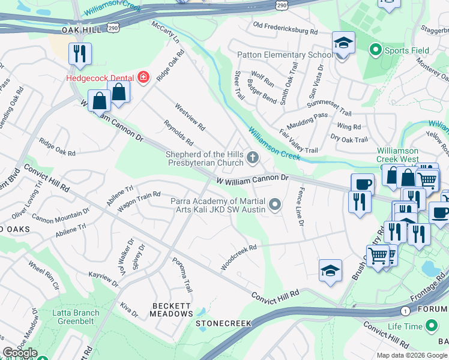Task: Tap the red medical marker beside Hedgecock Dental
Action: pyautogui.click(x=143, y=77)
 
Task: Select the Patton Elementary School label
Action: pyautogui.click(x=285, y=55)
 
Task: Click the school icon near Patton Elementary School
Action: pyautogui.click(x=343, y=43)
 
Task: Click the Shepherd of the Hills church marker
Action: pyautogui.click(x=253, y=159)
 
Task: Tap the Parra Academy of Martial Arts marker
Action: pyautogui.click(x=275, y=205)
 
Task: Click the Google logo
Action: pyautogui.click(x=20, y=353)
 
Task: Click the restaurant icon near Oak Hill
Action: pyautogui.click(x=79, y=53)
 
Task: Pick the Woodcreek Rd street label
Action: pyautogui.click(x=239, y=256)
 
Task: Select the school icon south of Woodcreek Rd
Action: pyautogui.click(x=330, y=272)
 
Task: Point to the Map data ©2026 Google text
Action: pyautogui.click(x=411, y=355)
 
